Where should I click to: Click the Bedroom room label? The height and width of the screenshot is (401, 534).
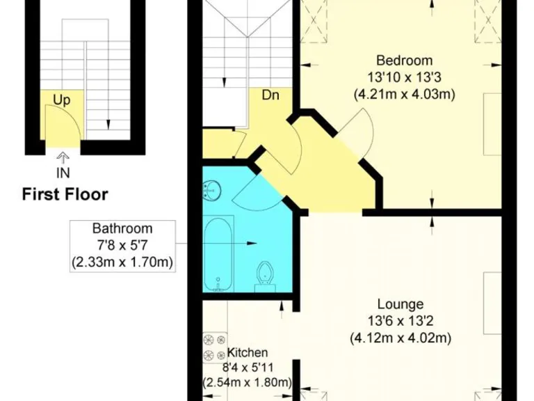click(404, 60)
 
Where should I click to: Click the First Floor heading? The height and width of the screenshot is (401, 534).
click(65, 194)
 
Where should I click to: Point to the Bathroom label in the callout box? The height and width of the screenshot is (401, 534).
click(122, 228)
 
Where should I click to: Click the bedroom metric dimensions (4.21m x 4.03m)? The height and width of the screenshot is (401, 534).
click(404, 94)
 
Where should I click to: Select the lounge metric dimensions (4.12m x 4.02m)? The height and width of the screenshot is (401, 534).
click(400, 338)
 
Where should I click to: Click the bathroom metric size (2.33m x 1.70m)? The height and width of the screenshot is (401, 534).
click(122, 262)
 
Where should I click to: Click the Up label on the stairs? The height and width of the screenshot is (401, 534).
click(62, 100)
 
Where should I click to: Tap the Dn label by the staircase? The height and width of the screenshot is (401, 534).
click(270, 95)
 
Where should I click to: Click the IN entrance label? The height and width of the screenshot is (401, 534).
click(63, 171)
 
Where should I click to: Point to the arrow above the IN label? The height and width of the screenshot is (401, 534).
click(63, 157)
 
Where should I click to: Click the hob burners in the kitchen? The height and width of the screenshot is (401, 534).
click(209, 348)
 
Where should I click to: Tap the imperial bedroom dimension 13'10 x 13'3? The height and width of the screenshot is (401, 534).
click(404, 77)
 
